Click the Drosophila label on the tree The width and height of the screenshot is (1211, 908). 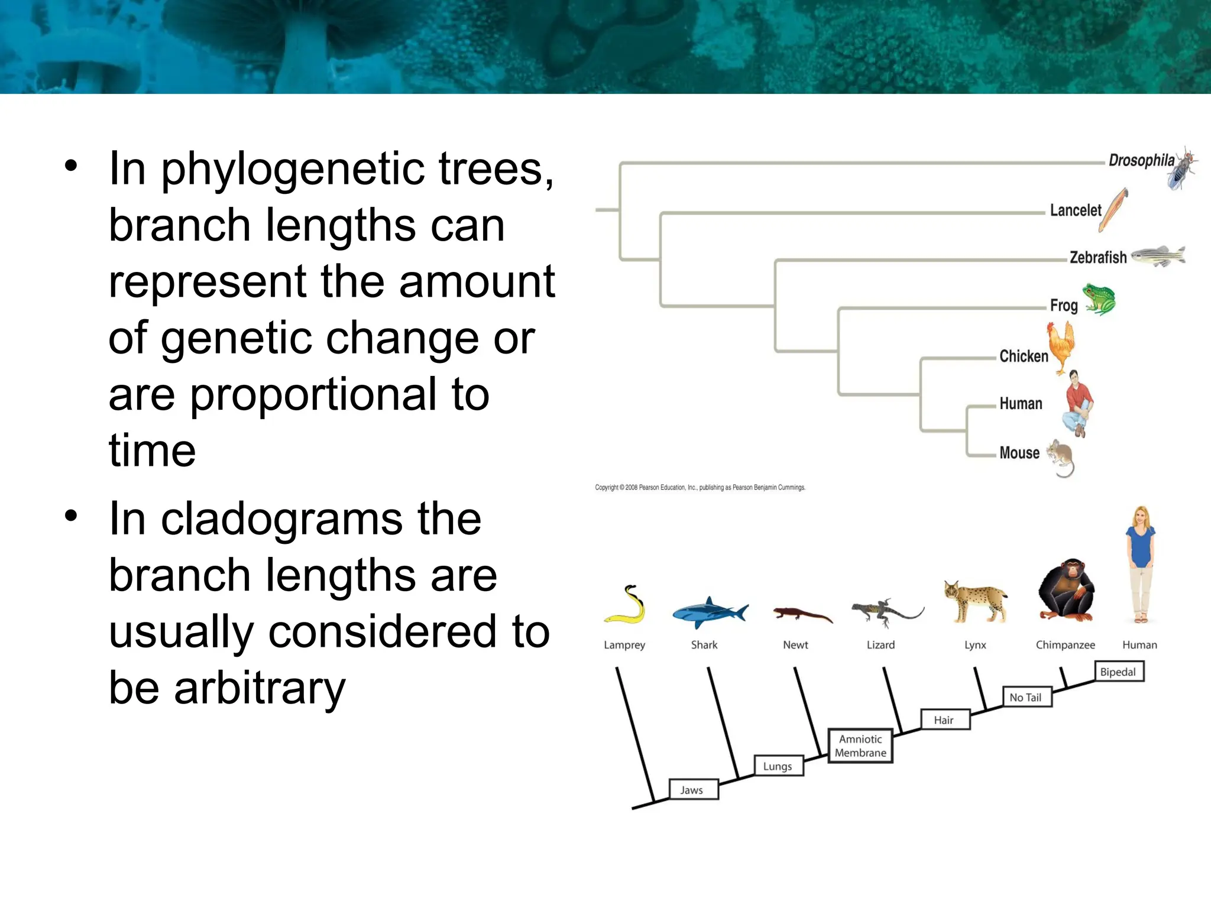1141,160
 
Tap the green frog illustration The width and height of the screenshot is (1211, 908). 1099,299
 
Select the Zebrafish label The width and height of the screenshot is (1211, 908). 1098,258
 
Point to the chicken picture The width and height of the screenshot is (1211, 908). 1061,348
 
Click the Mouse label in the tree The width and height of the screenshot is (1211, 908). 1019,453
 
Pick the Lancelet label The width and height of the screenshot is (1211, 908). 1076,210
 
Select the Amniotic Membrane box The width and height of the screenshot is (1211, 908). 860,746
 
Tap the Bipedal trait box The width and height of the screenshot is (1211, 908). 1118,672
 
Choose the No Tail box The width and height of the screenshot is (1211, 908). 1027,698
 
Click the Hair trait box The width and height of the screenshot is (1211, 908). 944,720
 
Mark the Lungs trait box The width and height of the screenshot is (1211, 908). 778,766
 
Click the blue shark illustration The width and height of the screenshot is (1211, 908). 709,612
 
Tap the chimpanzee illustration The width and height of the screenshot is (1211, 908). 1066,589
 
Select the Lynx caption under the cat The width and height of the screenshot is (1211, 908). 975,645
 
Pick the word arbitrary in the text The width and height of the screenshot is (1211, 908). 260,688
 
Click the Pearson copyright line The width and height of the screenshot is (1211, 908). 700,488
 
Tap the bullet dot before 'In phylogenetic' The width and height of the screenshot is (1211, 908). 72,166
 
